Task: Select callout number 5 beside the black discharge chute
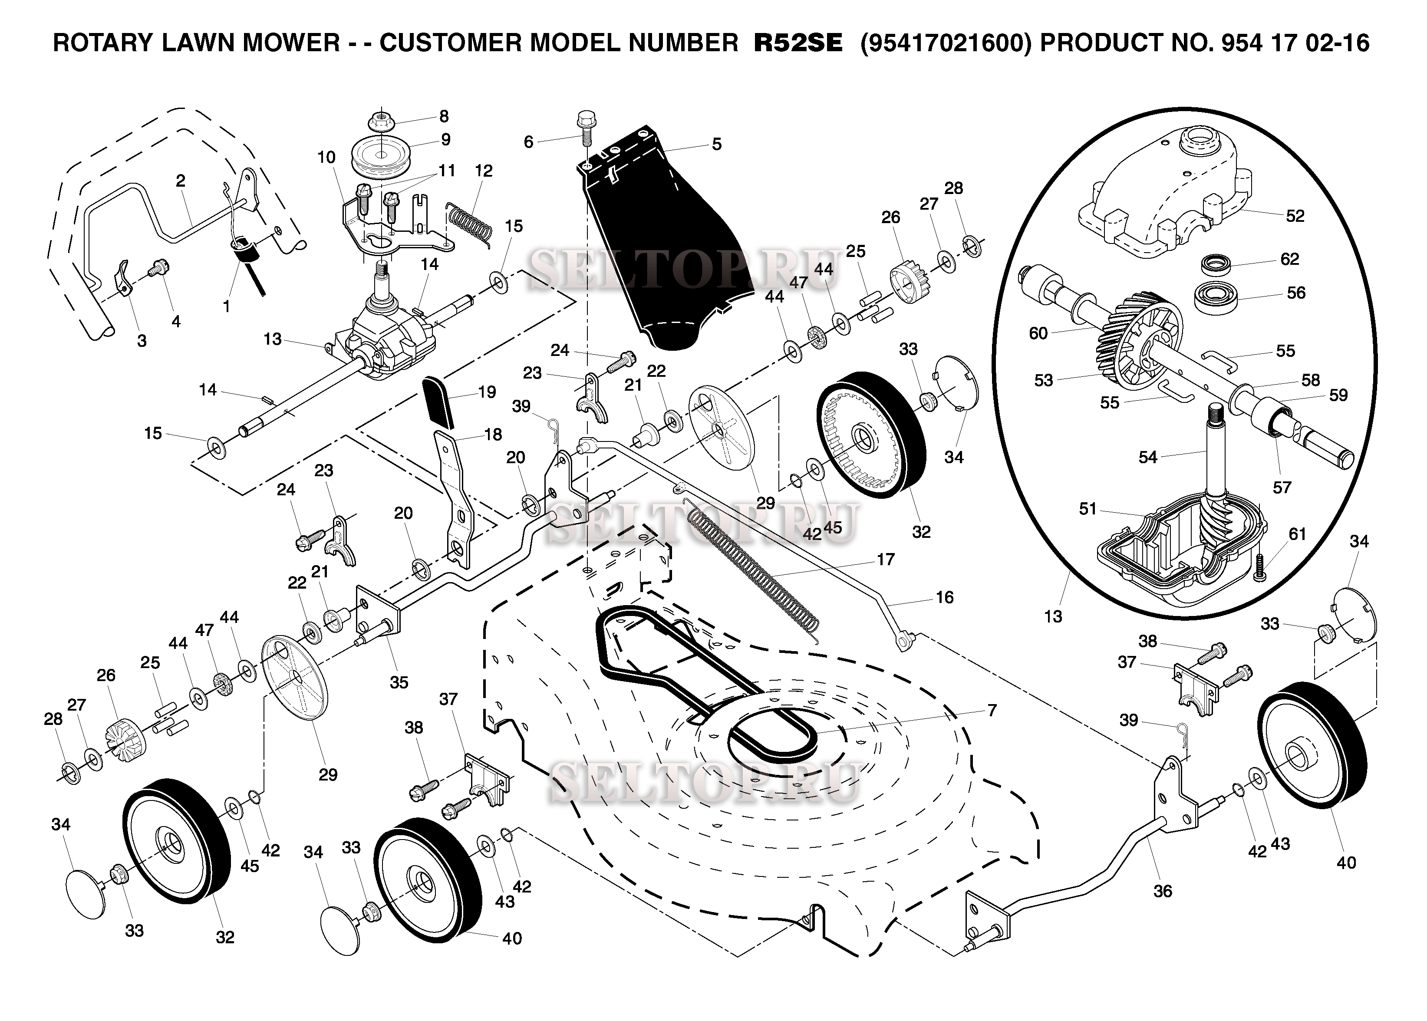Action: [x=717, y=144]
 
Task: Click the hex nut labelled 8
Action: [x=380, y=119]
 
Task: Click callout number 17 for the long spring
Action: [x=885, y=559]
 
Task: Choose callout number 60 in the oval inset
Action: [x=1038, y=333]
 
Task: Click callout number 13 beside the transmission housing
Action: [x=272, y=339]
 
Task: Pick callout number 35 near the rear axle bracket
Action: [x=399, y=682]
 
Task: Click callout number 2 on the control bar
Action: [x=181, y=181]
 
